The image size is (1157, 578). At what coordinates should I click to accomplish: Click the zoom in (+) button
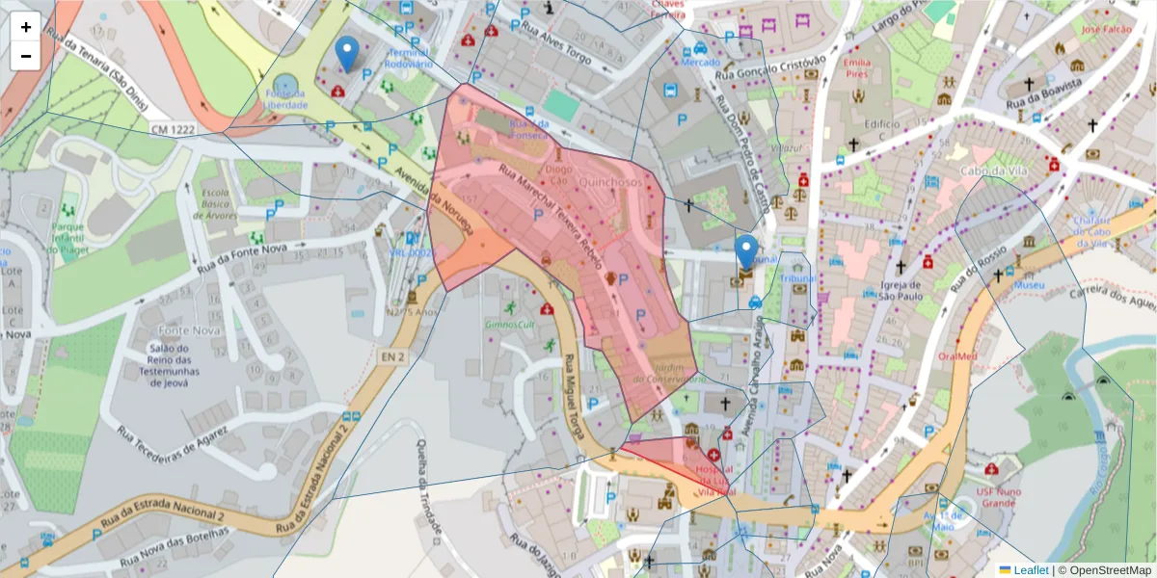tap(26, 27)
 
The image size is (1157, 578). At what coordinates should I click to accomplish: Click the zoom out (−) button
tap(26, 56)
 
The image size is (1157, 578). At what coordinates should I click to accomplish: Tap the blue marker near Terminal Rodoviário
tap(346, 55)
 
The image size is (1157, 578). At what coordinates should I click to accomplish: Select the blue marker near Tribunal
tap(746, 252)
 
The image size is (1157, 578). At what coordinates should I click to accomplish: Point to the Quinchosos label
tap(610, 181)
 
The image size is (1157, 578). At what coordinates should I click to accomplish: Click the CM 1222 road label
tap(172, 128)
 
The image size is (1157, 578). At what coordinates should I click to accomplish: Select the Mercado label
tap(701, 63)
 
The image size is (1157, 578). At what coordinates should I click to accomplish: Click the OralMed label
tap(958, 355)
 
